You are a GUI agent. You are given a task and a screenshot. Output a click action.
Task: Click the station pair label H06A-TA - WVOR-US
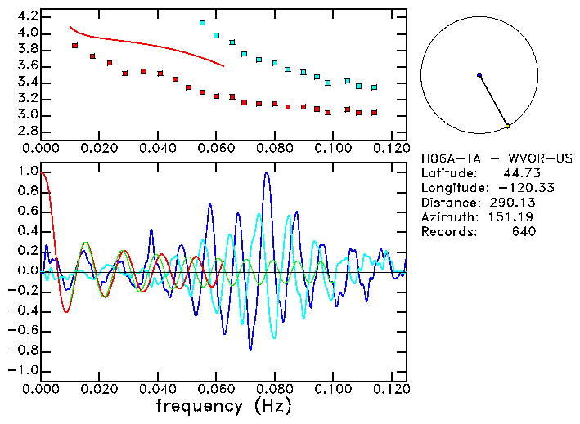pyautogui.click(x=497, y=158)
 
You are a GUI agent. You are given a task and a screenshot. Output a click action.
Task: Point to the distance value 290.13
pyautogui.click(x=511, y=203)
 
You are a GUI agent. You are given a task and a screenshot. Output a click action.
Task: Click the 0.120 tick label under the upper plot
pyautogui.click(x=391, y=148)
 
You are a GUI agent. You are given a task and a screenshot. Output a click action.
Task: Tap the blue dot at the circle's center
pyautogui.click(x=479, y=75)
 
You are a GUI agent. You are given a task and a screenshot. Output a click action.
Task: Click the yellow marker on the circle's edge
pyautogui.click(x=507, y=126)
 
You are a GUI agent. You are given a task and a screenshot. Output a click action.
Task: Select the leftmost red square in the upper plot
pyautogui.click(x=74, y=46)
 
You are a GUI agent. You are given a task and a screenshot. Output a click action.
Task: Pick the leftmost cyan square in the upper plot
pyautogui.click(x=202, y=23)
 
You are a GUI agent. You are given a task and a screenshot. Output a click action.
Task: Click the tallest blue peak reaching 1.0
pyautogui.click(x=267, y=173)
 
